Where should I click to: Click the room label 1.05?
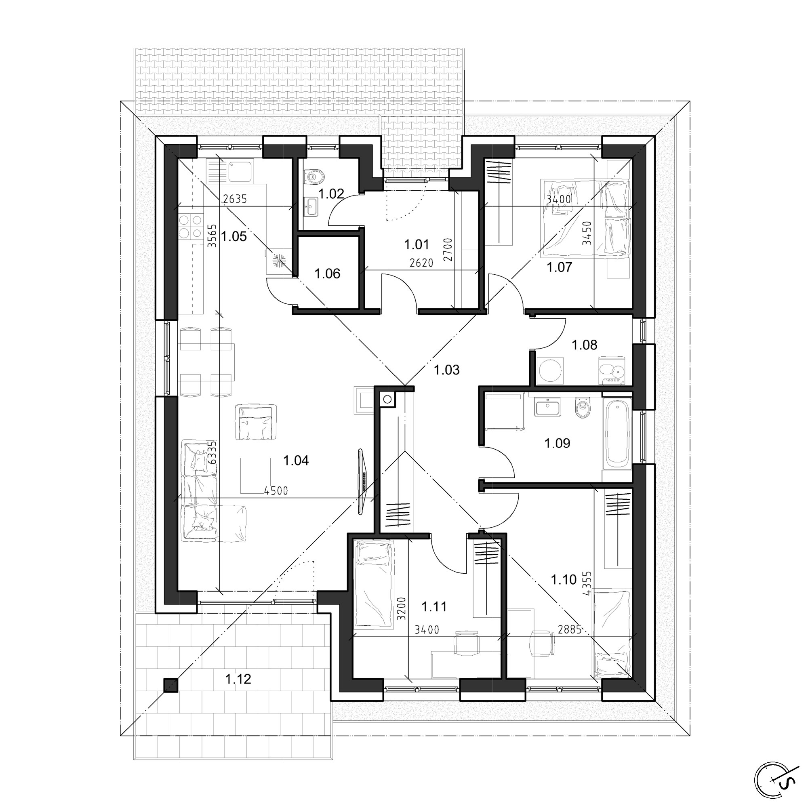pos(234,237)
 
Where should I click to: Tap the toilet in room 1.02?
pos(314,176)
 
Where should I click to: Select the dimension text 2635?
pos(235,199)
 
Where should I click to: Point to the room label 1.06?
pos(327,274)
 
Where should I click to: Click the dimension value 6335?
pos(213,452)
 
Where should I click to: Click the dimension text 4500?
pos(276,491)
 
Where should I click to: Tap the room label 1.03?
pos(447,370)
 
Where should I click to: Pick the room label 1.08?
pos(584,345)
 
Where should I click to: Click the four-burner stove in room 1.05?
pos(191,226)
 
